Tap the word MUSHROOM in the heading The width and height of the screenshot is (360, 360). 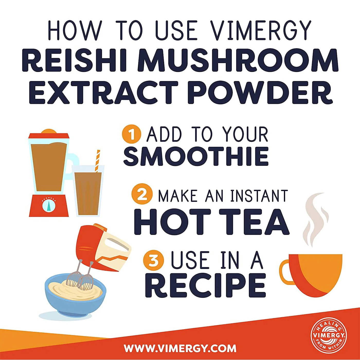(238, 60)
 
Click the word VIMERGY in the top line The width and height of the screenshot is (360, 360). (261, 30)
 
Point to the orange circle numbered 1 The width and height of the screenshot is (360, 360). (131, 134)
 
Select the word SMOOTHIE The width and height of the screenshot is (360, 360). (196, 156)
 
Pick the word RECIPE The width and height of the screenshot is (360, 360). (205, 285)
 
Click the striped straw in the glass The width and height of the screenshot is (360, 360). (97, 161)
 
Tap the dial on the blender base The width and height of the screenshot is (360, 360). (49, 204)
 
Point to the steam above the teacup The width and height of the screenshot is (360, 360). (315, 219)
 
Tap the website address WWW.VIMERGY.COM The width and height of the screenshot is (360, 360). (180, 348)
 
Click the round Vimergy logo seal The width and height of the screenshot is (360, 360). (329, 336)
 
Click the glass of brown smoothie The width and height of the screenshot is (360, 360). (88, 193)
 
